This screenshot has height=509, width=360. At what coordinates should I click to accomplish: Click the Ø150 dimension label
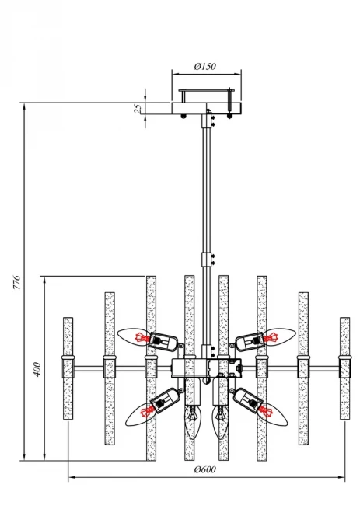tap(205, 67)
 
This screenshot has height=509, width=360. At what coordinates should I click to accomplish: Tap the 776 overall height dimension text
tap(17, 282)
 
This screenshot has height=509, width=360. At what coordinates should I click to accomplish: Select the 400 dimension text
tap(37, 369)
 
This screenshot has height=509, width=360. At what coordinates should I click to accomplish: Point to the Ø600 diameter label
tap(205, 469)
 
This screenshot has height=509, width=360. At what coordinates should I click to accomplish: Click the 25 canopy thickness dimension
tap(138, 108)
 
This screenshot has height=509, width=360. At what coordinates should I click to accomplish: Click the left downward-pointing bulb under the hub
tap(193, 421)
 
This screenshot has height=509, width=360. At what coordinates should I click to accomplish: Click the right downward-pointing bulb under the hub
tap(220, 421)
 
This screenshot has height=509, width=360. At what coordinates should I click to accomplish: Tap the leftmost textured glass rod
tap(68, 368)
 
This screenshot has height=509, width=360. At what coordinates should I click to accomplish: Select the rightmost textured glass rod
tap(344, 368)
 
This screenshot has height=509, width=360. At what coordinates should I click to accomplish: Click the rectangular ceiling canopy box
tap(206, 108)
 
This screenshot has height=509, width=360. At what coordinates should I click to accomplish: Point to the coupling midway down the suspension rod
tap(206, 260)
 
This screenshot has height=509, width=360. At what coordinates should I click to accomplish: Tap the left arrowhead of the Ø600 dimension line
tap(70, 477)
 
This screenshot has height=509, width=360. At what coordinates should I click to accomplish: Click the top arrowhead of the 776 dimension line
tap(24, 106)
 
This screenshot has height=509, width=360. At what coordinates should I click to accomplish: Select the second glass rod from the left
tap(110, 368)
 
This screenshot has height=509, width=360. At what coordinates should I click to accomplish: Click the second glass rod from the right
tap(303, 368)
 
